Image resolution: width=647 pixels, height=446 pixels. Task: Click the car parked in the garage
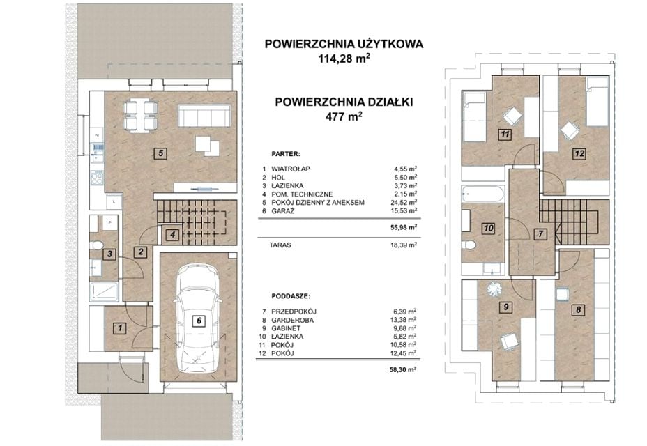point(199,319)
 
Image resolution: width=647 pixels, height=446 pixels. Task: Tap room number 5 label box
point(160,153)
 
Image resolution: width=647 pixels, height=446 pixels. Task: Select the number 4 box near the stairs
point(172,235)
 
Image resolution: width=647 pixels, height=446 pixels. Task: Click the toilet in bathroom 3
point(96,245)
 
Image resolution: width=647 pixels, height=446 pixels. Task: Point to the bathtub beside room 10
point(483,194)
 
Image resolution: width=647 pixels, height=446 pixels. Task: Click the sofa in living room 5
point(204,116)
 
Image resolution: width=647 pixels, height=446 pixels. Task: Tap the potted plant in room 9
point(493,289)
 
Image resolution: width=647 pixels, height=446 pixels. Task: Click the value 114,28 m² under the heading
point(343,58)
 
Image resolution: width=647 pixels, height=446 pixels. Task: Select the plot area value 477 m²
point(344,116)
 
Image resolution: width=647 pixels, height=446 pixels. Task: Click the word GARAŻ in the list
point(282,211)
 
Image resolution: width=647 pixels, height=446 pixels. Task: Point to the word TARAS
point(280,245)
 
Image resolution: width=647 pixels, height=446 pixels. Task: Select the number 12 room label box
point(579,153)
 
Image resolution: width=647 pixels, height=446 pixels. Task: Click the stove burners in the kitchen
point(97,178)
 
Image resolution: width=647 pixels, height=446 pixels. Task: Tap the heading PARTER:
point(285,154)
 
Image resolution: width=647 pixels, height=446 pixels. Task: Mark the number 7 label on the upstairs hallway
point(540,234)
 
